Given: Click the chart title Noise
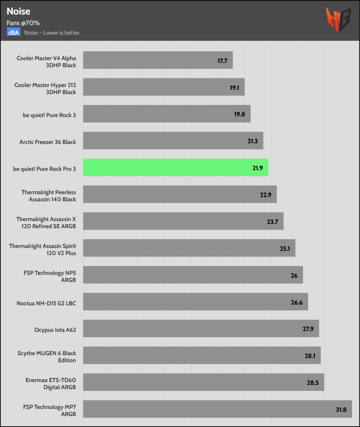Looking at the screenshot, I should click(x=18, y=11).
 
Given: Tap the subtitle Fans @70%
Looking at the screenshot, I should click(x=23, y=23).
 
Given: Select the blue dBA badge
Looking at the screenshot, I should click(x=14, y=33).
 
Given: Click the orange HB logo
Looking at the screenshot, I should click(x=338, y=19).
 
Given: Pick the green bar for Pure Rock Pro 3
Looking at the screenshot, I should click(x=175, y=168).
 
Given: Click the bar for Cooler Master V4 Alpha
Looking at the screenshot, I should click(x=158, y=60).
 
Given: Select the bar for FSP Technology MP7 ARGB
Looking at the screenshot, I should click(x=217, y=409).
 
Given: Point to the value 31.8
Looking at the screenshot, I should click(x=341, y=410).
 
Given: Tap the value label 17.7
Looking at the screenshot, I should click(x=222, y=61).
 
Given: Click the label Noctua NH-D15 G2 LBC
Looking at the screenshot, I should click(x=46, y=303).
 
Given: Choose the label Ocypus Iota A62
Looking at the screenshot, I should click(x=55, y=330).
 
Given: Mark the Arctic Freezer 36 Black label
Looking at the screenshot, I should click(x=48, y=142).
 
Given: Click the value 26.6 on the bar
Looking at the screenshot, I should click(x=297, y=302).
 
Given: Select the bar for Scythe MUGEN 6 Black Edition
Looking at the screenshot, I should click(x=202, y=355).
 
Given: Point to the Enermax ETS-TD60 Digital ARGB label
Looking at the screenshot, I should click(x=51, y=383).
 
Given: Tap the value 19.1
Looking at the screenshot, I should click(x=234, y=88).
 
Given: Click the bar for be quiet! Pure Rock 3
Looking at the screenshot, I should click(x=167, y=114).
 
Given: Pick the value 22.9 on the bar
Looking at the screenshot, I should click(x=266, y=195).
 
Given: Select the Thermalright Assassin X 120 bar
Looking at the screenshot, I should click(x=183, y=221).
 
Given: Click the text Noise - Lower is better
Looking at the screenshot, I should click(x=52, y=33).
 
